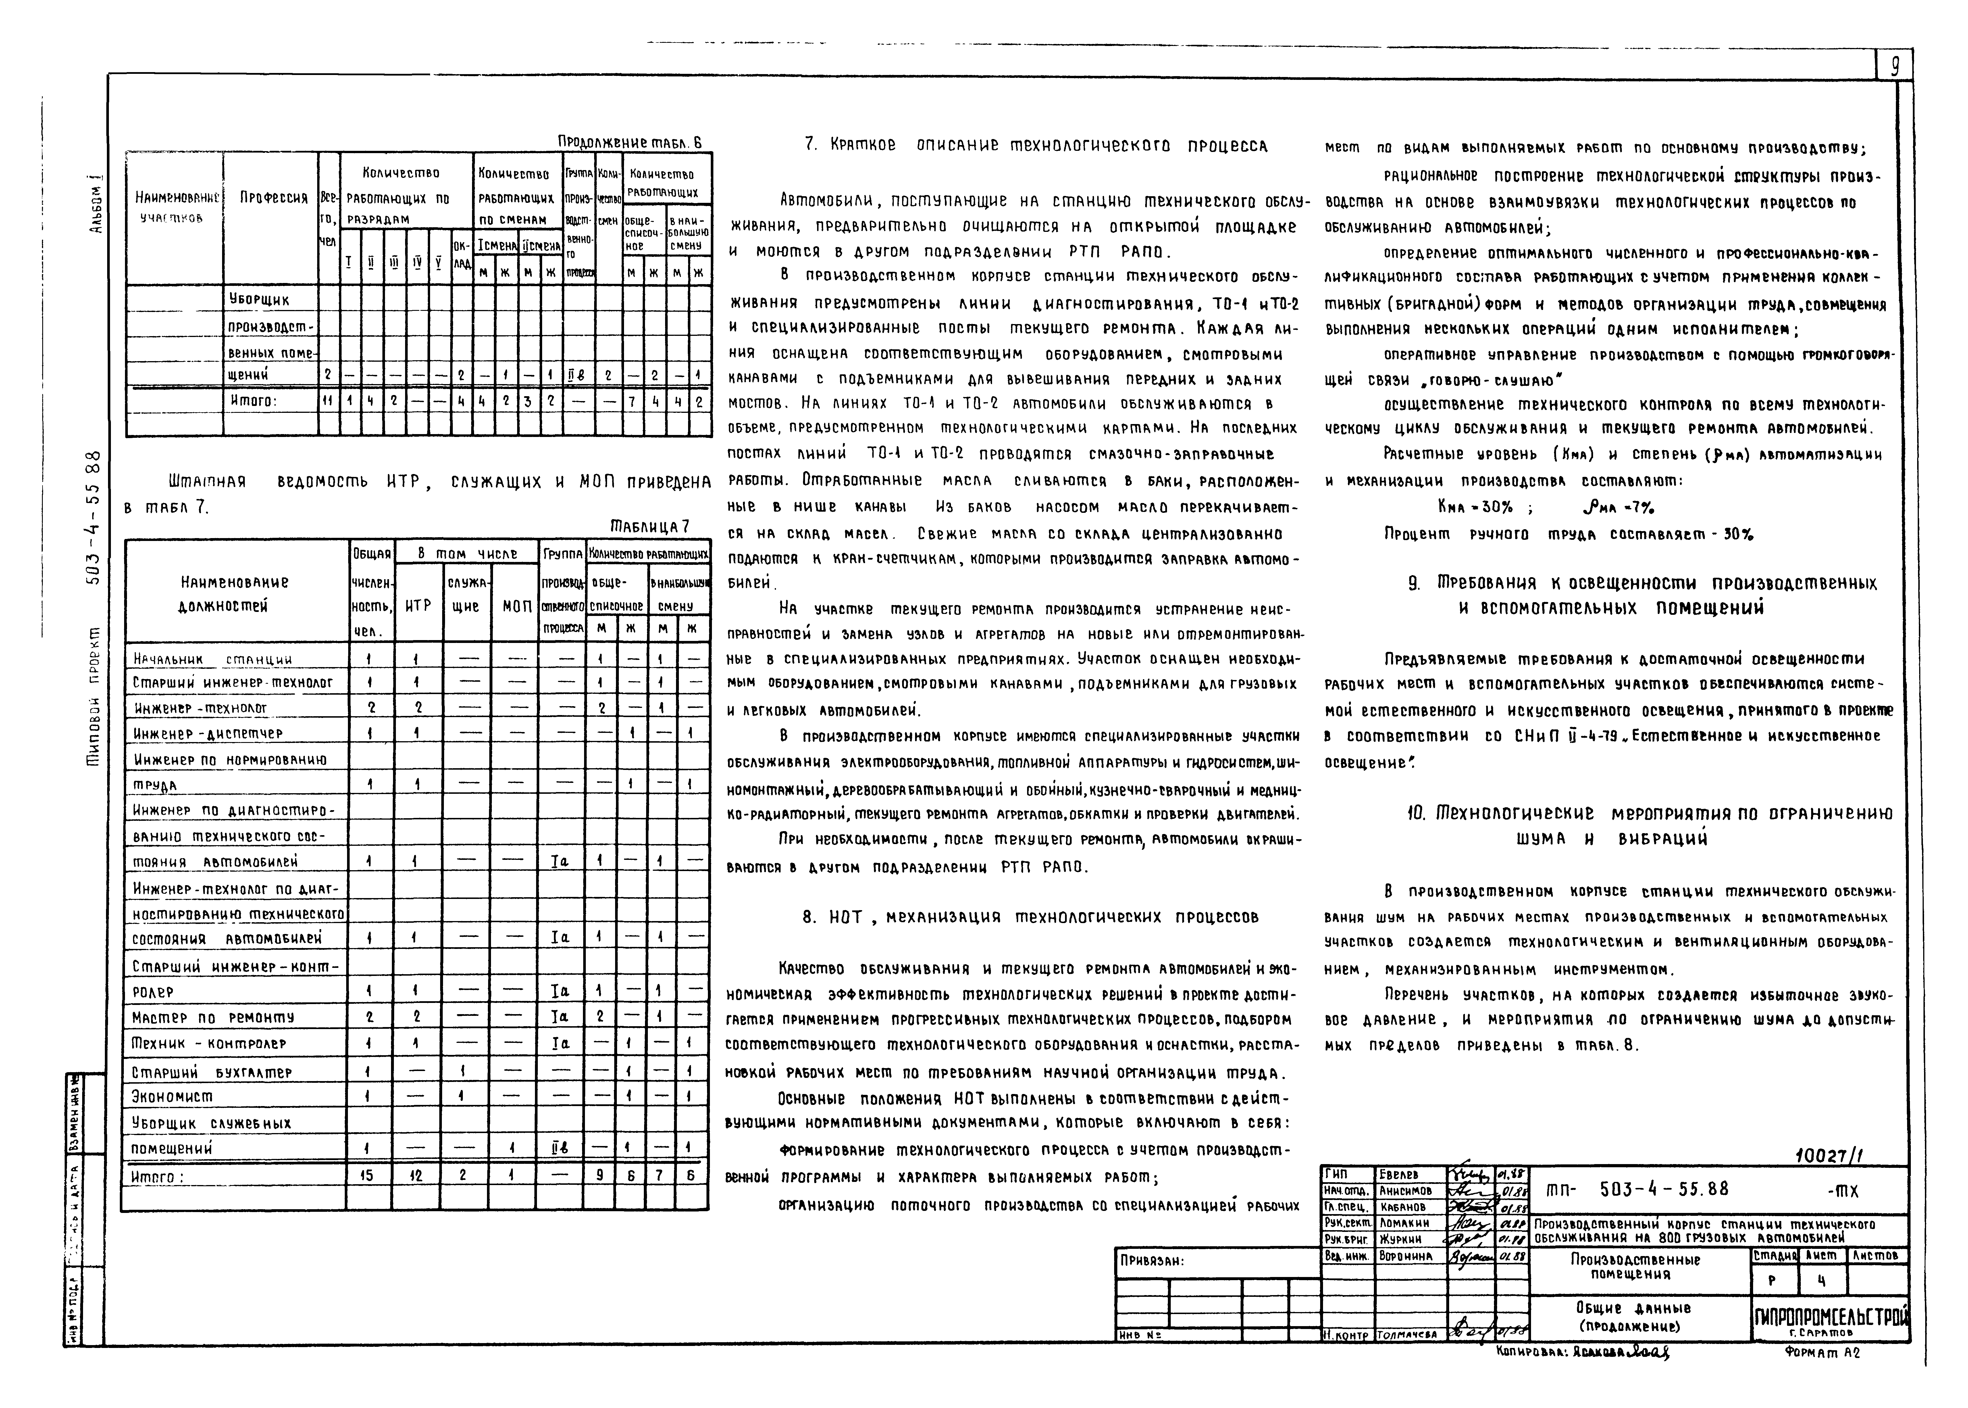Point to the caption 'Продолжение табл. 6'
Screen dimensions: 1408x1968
point(629,142)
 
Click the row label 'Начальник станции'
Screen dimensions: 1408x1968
point(212,659)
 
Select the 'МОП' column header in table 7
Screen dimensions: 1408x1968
point(517,606)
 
